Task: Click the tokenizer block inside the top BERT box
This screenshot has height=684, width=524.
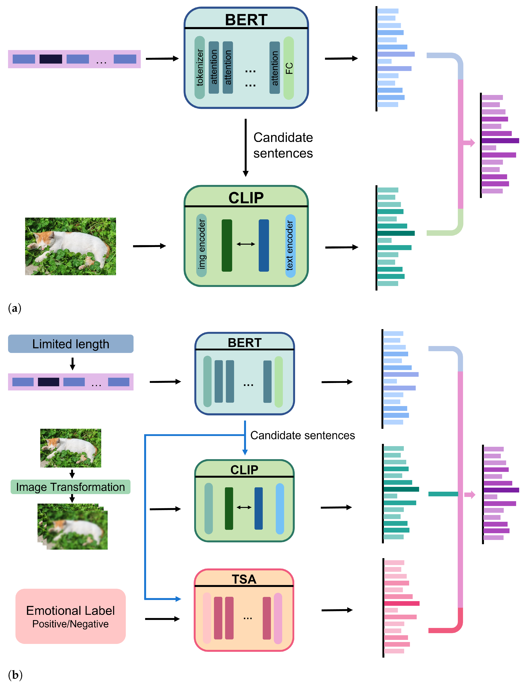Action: click(x=200, y=67)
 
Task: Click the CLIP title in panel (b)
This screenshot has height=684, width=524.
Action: click(x=244, y=470)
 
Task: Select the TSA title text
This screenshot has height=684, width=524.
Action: click(x=244, y=579)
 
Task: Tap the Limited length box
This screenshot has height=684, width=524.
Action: click(x=71, y=344)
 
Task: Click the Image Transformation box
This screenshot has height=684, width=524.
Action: click(x=70, y=487)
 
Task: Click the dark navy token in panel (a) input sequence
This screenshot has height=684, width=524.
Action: click(x=51, y=59)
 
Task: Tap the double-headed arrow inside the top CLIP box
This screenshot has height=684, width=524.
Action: click(x=246, y=244)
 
